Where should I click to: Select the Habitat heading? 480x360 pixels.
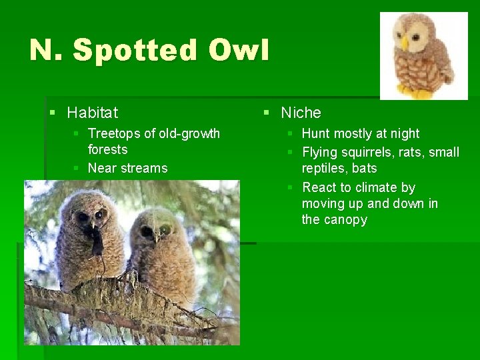click(x=92, y=113)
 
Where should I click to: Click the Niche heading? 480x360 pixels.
click(x=301, y=113)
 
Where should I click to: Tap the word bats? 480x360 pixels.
click(x=364, y=168)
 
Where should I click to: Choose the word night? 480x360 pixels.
click(x=403, y=133)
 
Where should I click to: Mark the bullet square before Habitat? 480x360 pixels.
click(x=53, y=113)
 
